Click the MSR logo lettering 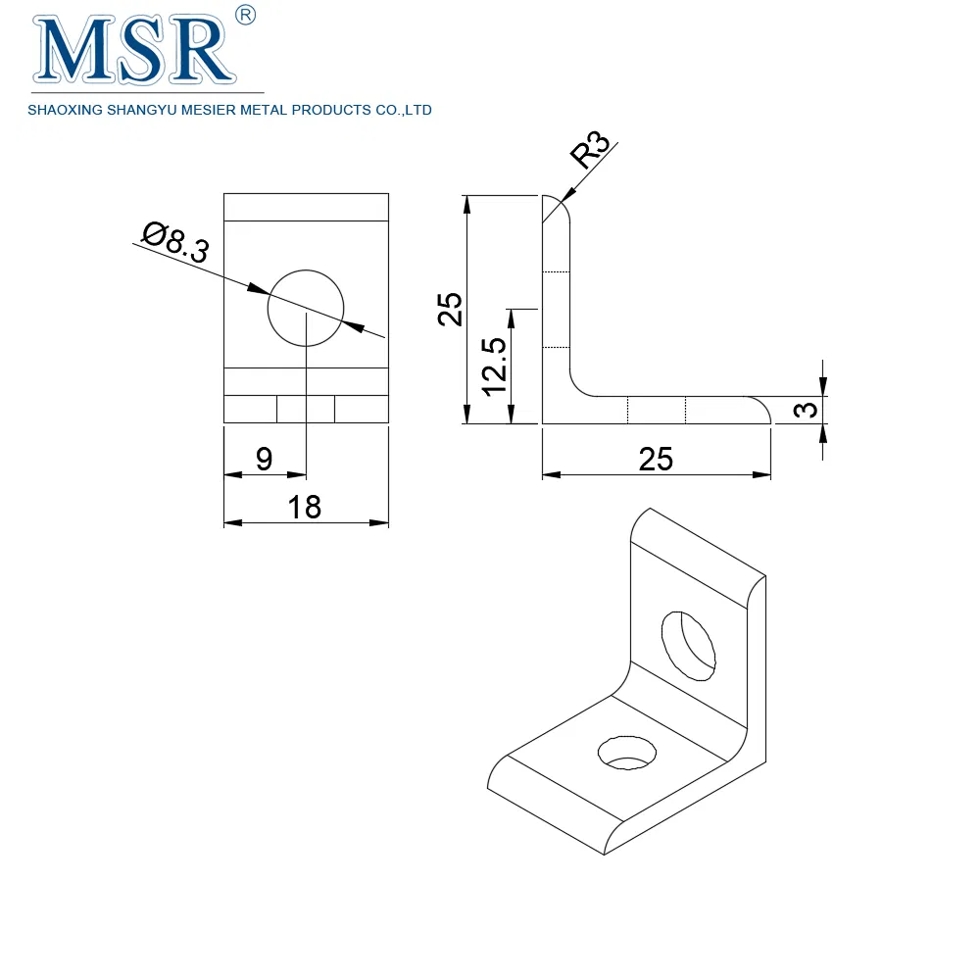coord(136,52)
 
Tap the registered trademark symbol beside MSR coord(247,14)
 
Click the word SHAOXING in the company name coord(62,111)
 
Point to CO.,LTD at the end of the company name coord(403,111)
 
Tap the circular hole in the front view coord(306,306)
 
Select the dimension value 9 coord(264,459)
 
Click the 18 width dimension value coord(305,507)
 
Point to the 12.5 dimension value coord(494,366)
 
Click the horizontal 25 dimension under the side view coord(656,459)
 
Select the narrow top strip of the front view coord(306,208)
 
